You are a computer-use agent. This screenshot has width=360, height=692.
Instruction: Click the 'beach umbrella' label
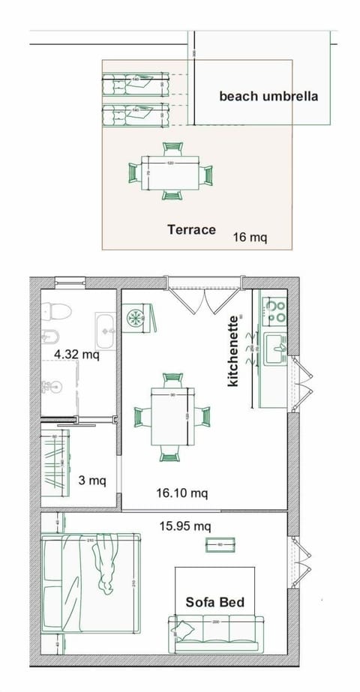(x=268, y=96)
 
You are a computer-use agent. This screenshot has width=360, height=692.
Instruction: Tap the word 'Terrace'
(x=191, y=229)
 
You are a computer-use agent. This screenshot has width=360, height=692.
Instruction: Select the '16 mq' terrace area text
(x=250, y=237)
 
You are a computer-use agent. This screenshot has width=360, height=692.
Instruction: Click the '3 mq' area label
(x=92, y=481)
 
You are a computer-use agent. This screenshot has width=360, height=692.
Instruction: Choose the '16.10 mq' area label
(x=181, y=493)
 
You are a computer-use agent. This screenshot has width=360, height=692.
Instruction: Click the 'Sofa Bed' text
(x=215, y=601)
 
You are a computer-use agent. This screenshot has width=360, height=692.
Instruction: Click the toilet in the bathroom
(x=55, y=310)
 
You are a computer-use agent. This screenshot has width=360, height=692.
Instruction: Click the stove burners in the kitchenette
(x=276, y=311)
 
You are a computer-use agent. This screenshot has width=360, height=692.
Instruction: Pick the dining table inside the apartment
(x=172, y=416)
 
